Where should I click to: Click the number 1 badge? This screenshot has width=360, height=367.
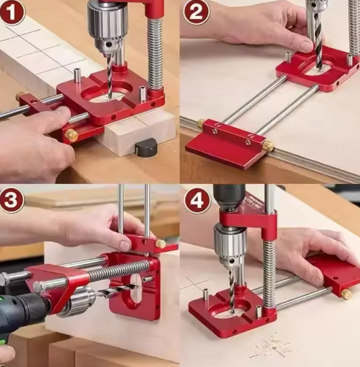[x=12, y=12]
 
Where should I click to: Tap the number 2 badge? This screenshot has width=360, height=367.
[x=196, y=12]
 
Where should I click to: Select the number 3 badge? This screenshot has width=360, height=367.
[x=12, y=199]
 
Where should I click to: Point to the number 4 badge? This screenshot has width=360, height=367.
[x=197, y=201]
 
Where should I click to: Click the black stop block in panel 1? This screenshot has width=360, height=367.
[x=146, y=147]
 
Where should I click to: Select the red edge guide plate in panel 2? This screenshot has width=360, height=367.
[x=229, y=144]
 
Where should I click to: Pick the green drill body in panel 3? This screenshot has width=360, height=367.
[x=22, y=316]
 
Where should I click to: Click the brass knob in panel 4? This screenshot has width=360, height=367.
[x=346, y=294]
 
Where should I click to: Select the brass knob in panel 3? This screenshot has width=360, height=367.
[x=161, y=244]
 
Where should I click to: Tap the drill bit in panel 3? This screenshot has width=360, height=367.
[x=116, y=290]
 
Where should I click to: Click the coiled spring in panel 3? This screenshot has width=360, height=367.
[x=118, y=269]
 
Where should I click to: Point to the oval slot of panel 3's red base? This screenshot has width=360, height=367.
[x=136, y=288]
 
